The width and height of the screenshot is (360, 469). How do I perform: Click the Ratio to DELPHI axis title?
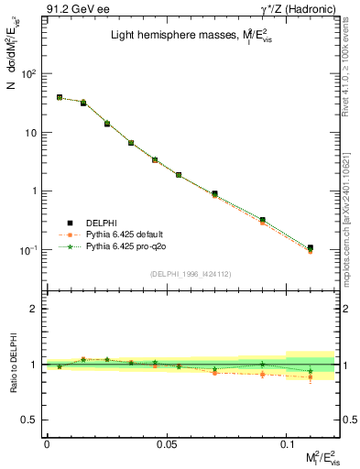[x=13, y=365]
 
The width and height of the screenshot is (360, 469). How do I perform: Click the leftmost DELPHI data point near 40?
[x=60, y=97]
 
